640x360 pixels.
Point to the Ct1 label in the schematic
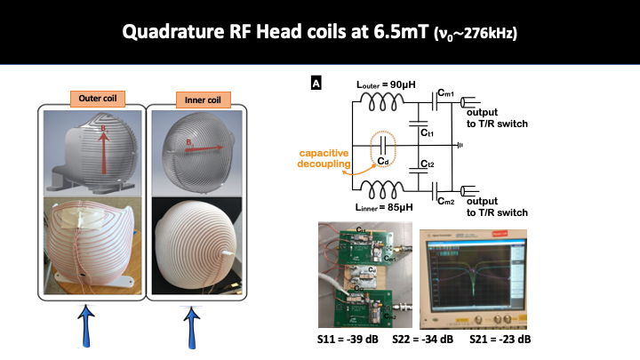(428, 132)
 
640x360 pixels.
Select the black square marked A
(316, 84)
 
